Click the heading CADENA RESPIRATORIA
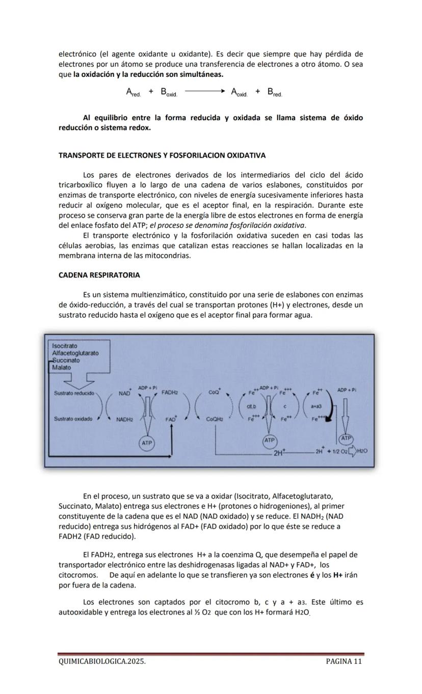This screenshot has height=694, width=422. coord(99,275)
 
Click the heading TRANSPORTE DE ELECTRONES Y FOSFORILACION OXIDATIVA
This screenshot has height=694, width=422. coord(162,155)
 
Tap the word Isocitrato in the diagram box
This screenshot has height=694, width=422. coord(65,346)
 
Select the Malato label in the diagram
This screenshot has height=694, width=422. coord(62,368)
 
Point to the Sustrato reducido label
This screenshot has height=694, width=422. coord(74,393)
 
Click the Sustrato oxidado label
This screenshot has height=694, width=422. coord(73,419)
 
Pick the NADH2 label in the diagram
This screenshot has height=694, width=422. coord(124,420)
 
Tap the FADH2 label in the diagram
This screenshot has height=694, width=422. coord(170,393)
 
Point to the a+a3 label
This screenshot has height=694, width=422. coord(315,406)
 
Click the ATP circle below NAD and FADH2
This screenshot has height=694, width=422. coord(147,443)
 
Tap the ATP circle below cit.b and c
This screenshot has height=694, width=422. coord(270,440)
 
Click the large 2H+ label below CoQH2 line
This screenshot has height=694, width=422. coord(280,452)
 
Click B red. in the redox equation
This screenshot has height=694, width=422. coord(274,92)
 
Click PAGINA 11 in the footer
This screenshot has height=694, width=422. coord(344,661)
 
